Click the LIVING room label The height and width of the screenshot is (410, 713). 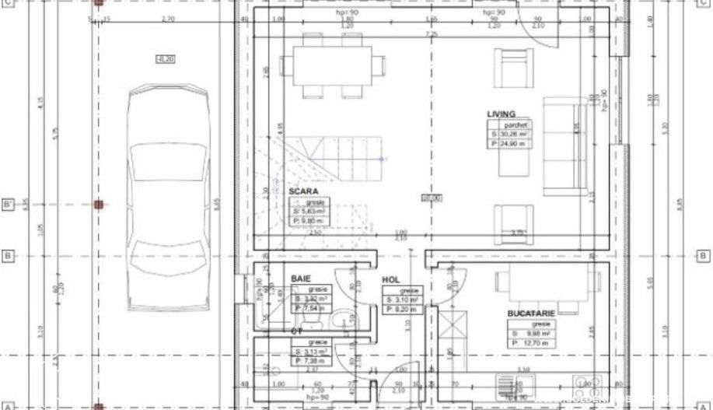click(501, 114)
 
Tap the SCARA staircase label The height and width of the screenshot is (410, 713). click(303, 191)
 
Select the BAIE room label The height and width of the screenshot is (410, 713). click(300, 278)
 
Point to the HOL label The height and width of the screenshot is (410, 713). click(390, 279)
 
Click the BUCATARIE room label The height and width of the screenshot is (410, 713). click(531, 313)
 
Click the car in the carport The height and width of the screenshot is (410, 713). click(169, 198)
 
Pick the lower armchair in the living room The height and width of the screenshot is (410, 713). click(513, 219)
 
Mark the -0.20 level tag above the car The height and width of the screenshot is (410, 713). click(166, 59)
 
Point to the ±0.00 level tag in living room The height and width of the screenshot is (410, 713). click(432, 198)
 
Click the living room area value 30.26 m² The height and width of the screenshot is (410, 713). click(513, 134)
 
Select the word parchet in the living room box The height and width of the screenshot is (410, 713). click(516, 124)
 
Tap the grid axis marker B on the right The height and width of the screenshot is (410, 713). click(703, 255)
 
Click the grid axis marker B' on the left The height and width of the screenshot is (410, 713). click(9, 205)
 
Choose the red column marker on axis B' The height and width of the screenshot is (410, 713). click(98, 205)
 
